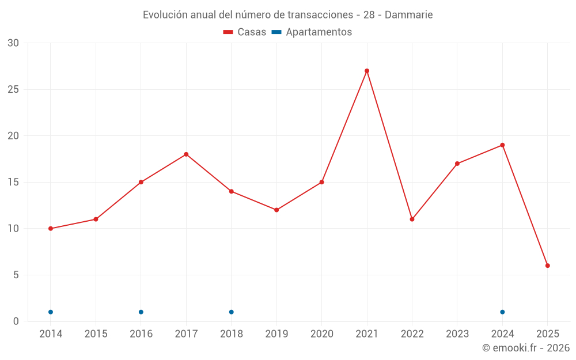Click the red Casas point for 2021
click(x=367, y=71)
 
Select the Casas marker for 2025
click(x=548, y=266)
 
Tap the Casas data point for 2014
click(x=51, y=229)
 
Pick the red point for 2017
click(x=186, y=154)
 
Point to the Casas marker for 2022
click(x=412, y=219)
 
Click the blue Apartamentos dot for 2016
click(x=141, y=312)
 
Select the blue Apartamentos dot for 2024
click(x=502, y=312)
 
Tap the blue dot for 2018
click(x=232, y=312)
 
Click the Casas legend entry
click(x=245, y=32)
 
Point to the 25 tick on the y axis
click(x=13, y=89)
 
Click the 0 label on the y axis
click(x=16, y=321)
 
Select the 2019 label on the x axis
click(x=276, y=334)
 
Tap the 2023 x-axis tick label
click(x=457, y=334)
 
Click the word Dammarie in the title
click(x=408, y=15)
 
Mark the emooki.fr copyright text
click(x=526, y=348)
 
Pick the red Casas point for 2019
click(x=276, y=210)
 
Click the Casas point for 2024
click(x=502, y=145)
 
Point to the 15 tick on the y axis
click(x=13, y=183)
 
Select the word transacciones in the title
click(x=320, y=15)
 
